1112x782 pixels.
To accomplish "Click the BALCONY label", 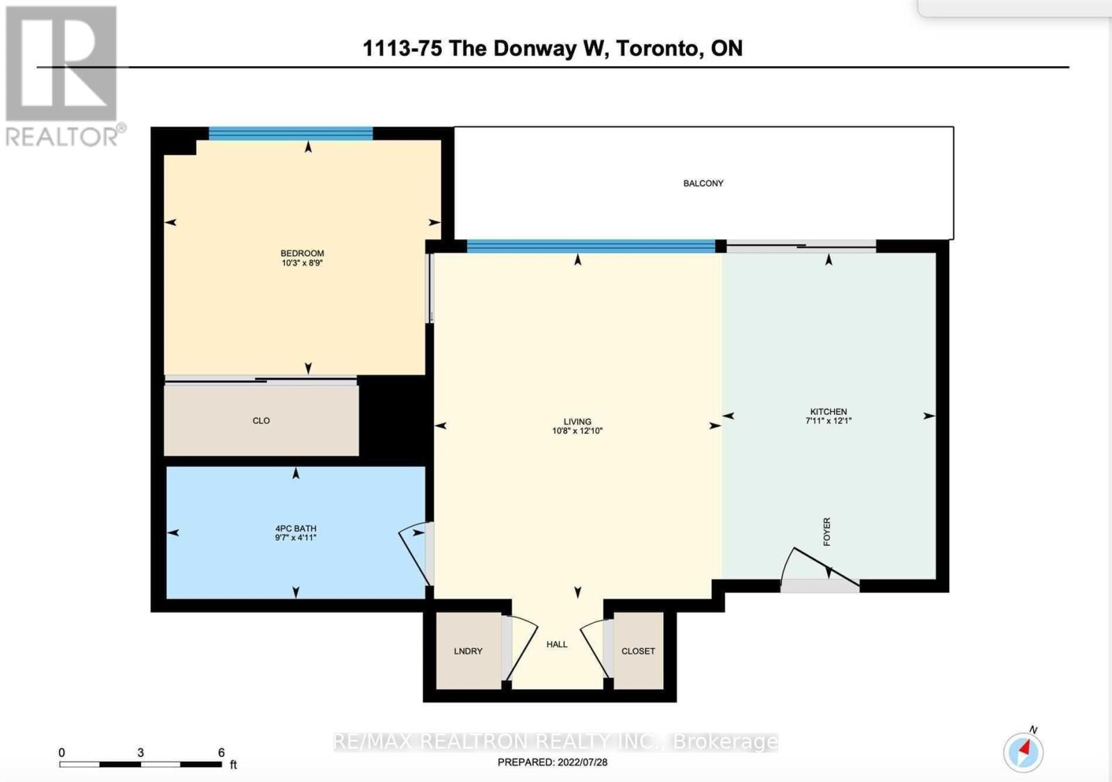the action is tap(703, 184).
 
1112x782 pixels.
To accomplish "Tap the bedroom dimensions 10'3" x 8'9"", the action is tap(302, 263).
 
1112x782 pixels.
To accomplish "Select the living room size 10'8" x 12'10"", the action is tap(577, 430).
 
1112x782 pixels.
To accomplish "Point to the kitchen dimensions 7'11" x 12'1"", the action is tap(828, 421).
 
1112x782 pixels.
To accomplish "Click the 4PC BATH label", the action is tap(296, 528).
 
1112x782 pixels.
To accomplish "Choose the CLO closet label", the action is tap(261, 421).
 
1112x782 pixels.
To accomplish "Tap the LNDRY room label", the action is tap(468, 651).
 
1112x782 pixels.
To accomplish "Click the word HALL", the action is tap(557, 644).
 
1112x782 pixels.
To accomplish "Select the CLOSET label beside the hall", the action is tap(638, 651).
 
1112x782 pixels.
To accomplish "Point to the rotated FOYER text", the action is tap(826, 532).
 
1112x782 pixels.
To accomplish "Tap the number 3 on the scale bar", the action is tap(140, 753).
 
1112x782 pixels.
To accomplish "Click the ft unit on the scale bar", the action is tap(233, 765).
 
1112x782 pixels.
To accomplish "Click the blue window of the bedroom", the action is tap(291, 133).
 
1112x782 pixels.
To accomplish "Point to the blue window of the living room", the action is tap(591, 246).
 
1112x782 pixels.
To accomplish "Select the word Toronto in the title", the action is tap(660, 49).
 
